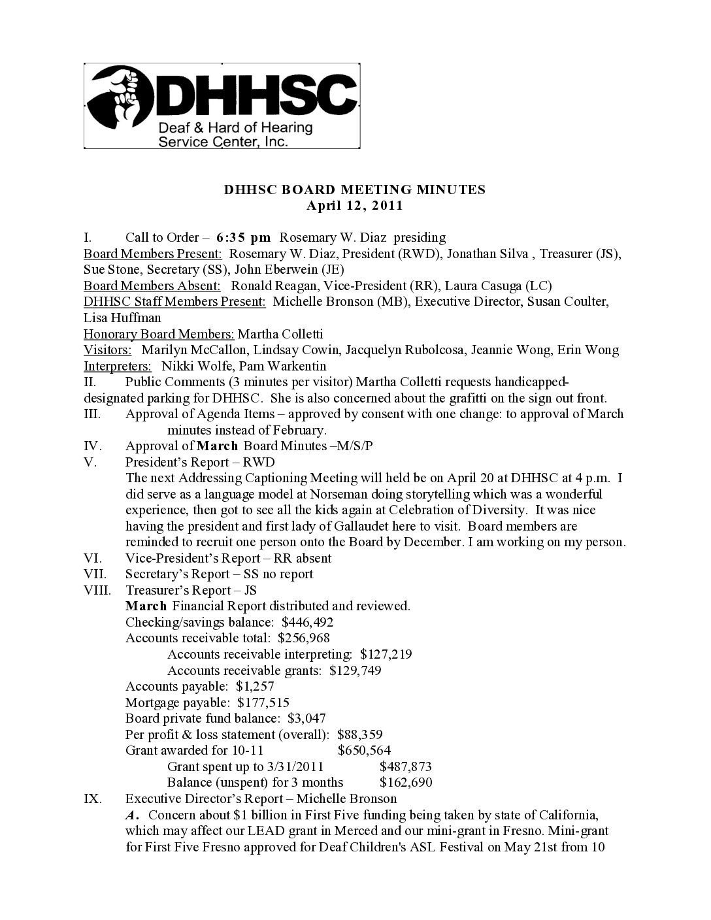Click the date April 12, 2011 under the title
coord(354,206)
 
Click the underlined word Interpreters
coord(118,366)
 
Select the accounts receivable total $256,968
coord(303,638)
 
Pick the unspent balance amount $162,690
coord(405,782)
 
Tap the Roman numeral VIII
coord(95,590)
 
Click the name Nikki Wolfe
coord(194,366)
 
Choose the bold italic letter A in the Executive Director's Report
coord(131,815)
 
